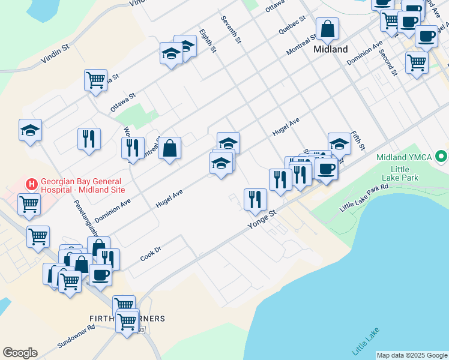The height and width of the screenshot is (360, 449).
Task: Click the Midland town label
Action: click(330, 49)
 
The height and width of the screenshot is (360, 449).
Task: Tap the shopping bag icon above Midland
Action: click(328, 28)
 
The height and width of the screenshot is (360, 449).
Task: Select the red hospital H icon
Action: click(29, 182)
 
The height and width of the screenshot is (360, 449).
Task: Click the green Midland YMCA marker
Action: click(442, 157)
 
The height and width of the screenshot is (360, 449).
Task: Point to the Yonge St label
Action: click(262, 220)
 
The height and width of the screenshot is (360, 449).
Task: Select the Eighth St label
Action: click(207, 40)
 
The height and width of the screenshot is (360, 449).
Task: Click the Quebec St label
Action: click(292, 25)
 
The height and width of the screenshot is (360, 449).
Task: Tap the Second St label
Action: click(388, 62)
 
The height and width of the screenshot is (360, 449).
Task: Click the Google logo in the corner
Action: click(20, 353)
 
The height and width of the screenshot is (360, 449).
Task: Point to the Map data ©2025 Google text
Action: click(412, 355)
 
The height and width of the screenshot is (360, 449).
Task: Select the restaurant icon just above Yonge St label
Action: click(255, 199)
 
